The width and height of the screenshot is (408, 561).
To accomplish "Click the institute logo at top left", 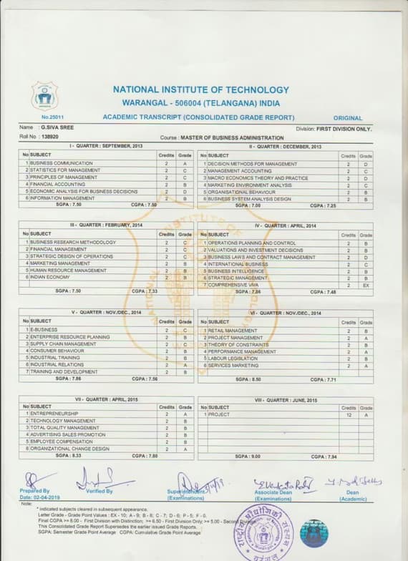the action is [x=44, y=95].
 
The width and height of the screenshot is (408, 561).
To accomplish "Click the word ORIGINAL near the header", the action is [x=348, y=117].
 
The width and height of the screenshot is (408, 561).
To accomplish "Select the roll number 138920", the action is [x=50, y=136].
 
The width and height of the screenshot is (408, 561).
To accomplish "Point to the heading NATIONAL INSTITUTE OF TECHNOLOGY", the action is [x=201, y=90].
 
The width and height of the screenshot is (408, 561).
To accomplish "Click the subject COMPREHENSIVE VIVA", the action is [x=233, y=285].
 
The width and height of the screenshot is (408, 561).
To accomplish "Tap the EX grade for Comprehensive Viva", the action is [x=366, y=285].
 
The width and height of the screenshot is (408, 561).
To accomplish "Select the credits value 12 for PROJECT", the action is [x=348, y=414].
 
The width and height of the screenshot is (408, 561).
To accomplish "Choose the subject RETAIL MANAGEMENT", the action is [x=232, y=331].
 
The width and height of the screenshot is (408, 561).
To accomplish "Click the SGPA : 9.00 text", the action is [x=248, y=456].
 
